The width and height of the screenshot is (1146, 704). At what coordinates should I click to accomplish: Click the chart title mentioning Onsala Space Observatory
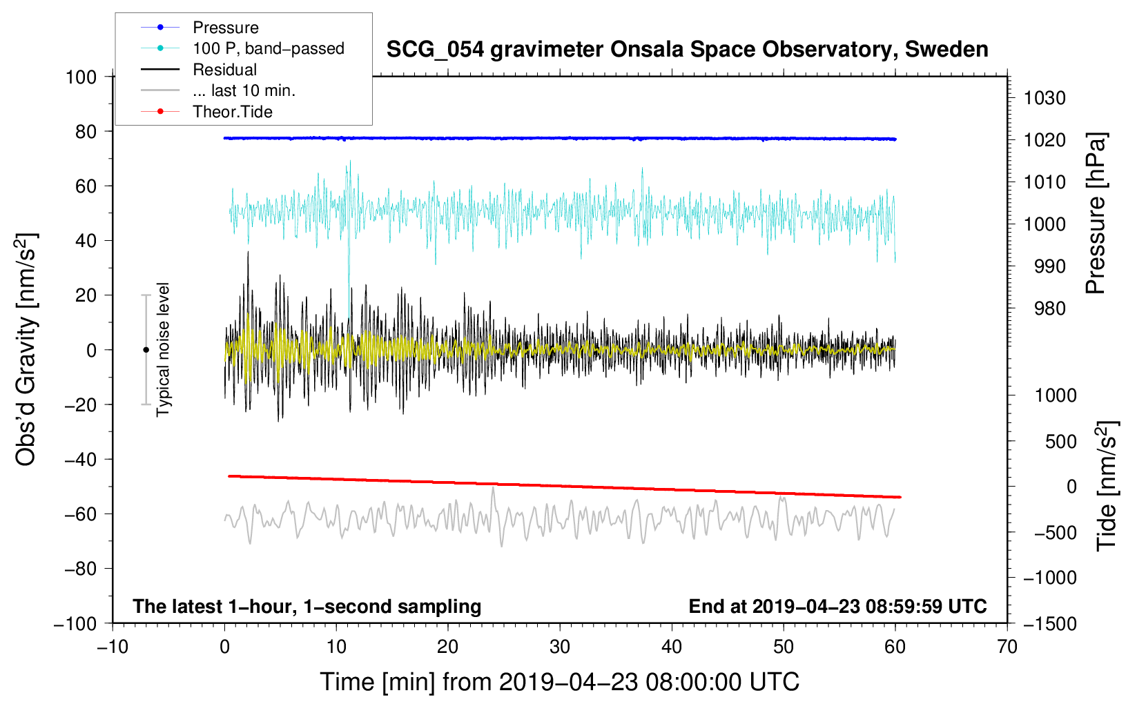coord(687,50)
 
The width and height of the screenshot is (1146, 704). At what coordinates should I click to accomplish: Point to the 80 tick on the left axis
coord(86,132)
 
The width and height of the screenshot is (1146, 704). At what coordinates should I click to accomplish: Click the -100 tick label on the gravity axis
coord(75,624)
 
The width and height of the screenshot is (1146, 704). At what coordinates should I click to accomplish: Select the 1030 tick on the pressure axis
coord(1045,98)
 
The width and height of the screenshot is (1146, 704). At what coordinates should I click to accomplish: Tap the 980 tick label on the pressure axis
coord(1049,309)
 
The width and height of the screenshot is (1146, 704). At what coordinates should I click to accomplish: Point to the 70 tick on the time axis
coord(1007,647)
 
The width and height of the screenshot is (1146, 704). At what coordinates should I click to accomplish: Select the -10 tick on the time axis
coord(113,647)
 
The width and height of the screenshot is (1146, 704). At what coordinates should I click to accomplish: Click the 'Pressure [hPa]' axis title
coord(1096,213)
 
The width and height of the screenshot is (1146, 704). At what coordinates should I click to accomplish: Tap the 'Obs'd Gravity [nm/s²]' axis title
coord(26,350)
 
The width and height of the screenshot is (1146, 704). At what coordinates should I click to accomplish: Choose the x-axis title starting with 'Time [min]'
coord(560,682)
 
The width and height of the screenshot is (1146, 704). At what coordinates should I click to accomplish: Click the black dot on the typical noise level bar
coord(146,350)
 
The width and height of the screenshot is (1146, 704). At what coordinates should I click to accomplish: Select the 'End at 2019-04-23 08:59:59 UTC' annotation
coord(837,606)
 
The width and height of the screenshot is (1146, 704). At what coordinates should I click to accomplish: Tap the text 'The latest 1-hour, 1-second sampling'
coord(307,607)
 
